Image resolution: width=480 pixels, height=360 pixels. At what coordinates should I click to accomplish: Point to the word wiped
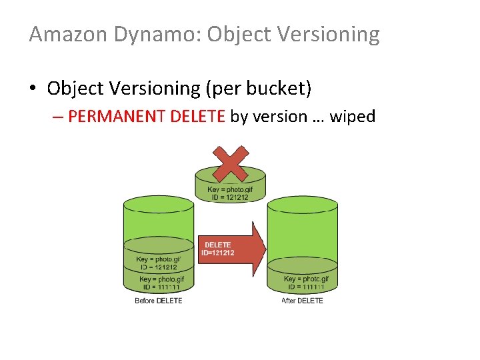click(x=353, y=117)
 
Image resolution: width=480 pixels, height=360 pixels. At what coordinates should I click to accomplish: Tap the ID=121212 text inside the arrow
click(x=218, y=253)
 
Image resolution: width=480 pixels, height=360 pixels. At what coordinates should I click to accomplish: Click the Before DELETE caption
click(x=159, y=301)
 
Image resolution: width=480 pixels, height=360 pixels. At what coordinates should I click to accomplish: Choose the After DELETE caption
click(x=302, y=301)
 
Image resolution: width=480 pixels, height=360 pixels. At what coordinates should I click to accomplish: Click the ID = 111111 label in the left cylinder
click(x=160, y=287)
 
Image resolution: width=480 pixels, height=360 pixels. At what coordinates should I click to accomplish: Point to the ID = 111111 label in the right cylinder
click(x=306, y=287)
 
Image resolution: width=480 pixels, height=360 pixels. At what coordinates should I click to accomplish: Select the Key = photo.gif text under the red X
click(x=230, y=190)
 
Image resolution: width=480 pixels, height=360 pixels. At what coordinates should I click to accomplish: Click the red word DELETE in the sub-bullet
click(x=198, y=117)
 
